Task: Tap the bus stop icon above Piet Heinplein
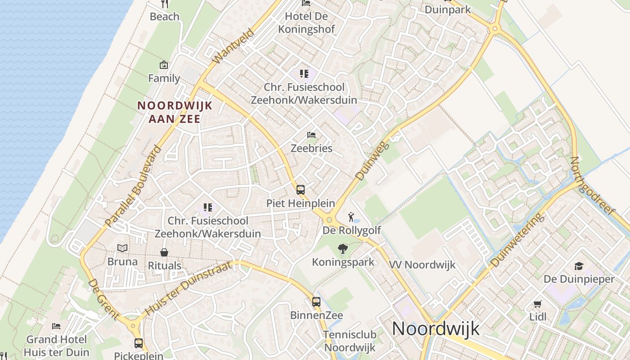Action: pyautogui.click(x=300, y=189)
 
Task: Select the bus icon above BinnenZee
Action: pyautogui.click(x=316, y=301)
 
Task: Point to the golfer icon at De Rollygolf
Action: pyautogui.click(x=351, y=217)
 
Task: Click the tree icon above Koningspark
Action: pyautogui.click(x=343, y=249)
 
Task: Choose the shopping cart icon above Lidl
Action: pyautogui.click(x=537, y=304)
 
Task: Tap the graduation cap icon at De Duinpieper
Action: pyautogui.click(x=579, y=266)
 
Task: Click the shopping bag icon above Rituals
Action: pyautogui.click(x=164, y=252)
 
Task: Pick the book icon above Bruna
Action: pyautogui.click(x=122, y=248)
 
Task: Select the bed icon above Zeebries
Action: pyautogui.click(x=311, y=135)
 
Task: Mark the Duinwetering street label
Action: pyautogui.click(x=517, y=241)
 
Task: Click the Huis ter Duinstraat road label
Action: pyautogui.click(x=189, y=289)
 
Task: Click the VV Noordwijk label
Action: pyautogui.click(x=423, y=265)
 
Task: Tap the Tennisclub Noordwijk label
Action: pyautogui.click(x=350, y=341)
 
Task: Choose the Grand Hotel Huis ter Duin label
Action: pyautogui.click(x=57, y=346)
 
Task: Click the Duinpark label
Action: pyautogui.click(x=447, y=9)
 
